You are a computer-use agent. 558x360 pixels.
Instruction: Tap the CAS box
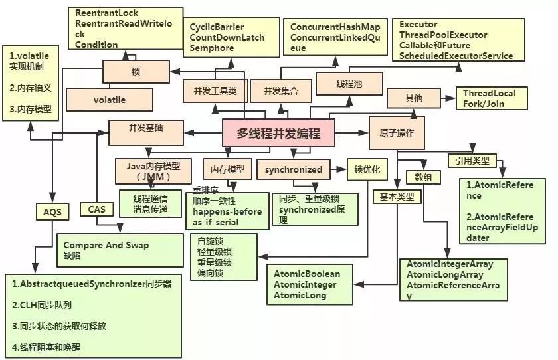96,209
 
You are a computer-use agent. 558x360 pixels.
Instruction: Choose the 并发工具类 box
215,90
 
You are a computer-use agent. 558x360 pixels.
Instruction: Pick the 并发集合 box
281,90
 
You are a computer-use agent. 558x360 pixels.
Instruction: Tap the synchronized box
294,169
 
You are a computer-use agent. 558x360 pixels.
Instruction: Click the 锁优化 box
367,169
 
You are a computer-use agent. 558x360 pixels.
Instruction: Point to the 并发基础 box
145,127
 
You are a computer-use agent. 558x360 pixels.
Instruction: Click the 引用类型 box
472,160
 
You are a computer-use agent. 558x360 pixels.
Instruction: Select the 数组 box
423,177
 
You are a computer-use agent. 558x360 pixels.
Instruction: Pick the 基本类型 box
397,197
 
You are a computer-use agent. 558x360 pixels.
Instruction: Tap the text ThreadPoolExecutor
443,35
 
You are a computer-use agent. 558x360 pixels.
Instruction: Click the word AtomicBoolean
307,274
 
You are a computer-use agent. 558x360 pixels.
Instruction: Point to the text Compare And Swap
106,245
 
